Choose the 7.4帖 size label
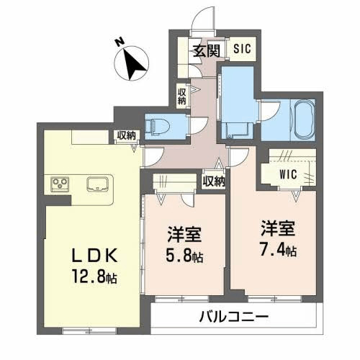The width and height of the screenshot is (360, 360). [279, 251]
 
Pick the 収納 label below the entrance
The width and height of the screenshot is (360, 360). [182, 96]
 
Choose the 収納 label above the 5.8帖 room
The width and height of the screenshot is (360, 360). [213, 181]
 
